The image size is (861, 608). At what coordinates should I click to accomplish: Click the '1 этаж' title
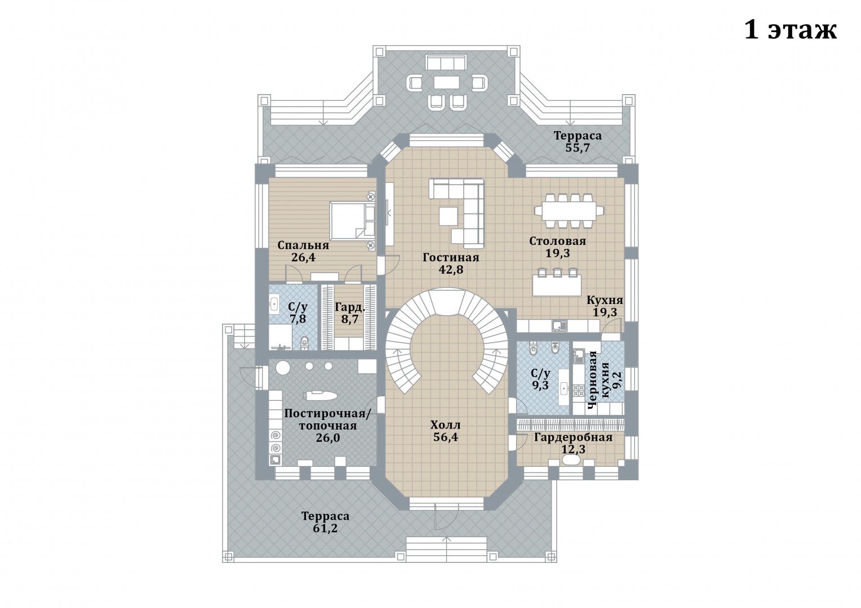pos(790,30)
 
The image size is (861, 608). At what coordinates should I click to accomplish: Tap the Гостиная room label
pos(451,257)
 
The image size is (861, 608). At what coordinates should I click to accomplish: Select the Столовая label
pos(557,241)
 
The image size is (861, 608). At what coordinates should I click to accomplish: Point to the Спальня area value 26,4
pos(303,257)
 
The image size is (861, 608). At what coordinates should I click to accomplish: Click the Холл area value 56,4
pos(446,437)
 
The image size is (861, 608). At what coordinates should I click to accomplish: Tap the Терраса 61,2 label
pos(325,522)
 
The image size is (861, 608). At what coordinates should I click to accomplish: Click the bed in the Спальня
pos(353,221)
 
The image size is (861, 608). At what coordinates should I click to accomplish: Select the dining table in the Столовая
pos(569,211)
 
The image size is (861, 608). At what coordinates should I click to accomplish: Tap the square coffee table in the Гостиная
pos(448,216)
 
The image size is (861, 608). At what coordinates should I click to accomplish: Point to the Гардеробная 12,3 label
pos(573,443)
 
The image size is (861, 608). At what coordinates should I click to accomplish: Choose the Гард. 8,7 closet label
pos(350,313)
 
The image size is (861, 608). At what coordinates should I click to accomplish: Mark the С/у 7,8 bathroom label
pos(298,313)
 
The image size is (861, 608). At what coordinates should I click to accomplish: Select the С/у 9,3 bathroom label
pos(540,379)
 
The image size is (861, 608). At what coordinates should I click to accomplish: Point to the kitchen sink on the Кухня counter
pos(560,326)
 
